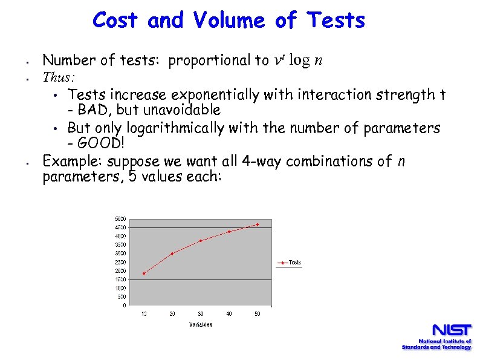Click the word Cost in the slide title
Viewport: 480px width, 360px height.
tap(117, 21)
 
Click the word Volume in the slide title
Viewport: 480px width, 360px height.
tap(229, 21)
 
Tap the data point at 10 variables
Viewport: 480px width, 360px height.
tap(144, 273)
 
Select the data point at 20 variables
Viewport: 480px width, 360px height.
tap(172, 254)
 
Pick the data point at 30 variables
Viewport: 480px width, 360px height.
tap(201, 241)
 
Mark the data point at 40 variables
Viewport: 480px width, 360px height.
tap(229, 232)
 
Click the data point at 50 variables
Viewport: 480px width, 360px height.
tap(258, 224)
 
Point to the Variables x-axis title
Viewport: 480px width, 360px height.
tap(201, 325)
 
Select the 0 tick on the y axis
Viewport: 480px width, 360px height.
tap(124, 306)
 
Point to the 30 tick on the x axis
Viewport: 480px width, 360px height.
tap(201, 313)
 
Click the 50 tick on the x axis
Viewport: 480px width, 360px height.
tap(258, 313)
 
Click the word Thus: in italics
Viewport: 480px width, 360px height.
tap(59, 77)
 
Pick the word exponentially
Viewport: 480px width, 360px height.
tap(210, 94)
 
